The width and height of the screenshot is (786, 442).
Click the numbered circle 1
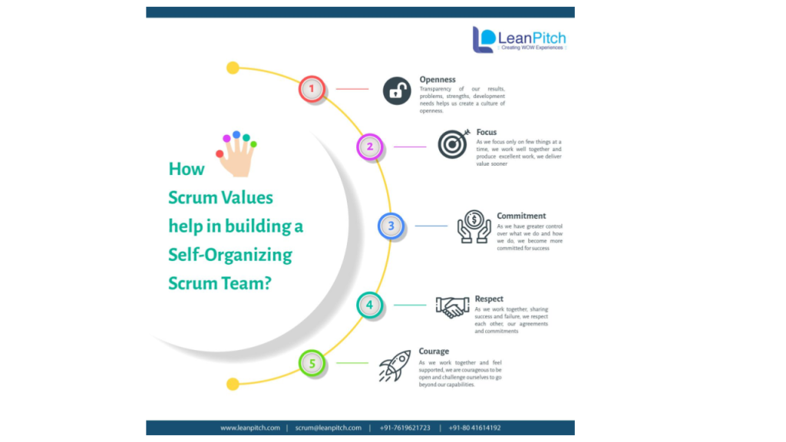click(312, 89)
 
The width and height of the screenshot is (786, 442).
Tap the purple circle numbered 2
click(370, 147)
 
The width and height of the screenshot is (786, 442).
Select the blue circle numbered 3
click(391, 226)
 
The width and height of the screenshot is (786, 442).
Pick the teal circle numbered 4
click(369, 305)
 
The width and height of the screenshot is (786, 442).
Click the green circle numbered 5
click(312, 363)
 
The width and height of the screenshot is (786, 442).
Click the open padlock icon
click(397, 91)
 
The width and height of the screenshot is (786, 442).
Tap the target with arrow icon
click(453, 143)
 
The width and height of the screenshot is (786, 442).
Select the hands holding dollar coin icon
click(474, 226)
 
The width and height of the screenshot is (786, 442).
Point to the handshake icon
click(452, 307)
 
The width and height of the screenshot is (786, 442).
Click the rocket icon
click(395, 366)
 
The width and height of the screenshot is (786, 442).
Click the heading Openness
click(438, 80)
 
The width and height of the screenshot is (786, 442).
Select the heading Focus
click(487, 132)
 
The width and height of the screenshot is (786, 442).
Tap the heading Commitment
click(521, 216)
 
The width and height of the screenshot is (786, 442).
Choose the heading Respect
click(489, 299)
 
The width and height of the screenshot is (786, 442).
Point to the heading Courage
click(434, 351)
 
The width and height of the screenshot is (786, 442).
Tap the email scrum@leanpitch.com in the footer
click(328, 427)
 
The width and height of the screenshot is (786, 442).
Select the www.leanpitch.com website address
click(250, 427)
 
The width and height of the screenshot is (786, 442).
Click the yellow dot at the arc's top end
click(233, 68)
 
